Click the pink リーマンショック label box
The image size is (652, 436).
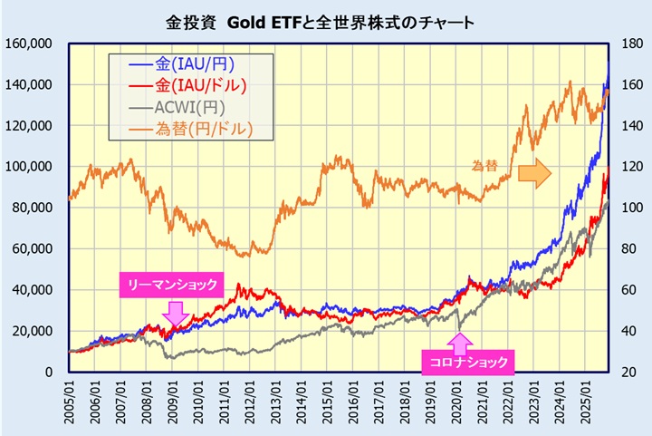(x=170, y=285)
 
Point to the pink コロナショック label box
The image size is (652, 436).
(x=467, y=363)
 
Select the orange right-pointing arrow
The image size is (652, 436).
(x=534, y=172)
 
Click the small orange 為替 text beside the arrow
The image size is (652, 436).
(x=485, y=165)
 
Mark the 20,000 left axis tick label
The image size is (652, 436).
(x=32, y=331)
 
